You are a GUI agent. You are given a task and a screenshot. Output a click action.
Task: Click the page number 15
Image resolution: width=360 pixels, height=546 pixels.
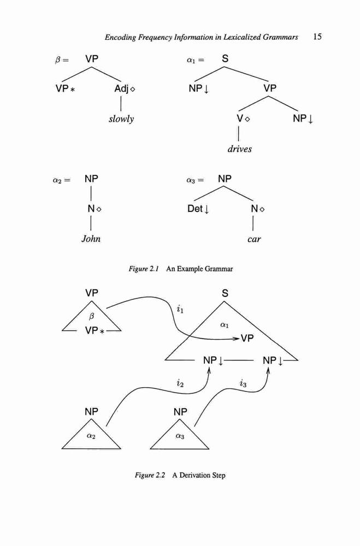(x=317, y=37)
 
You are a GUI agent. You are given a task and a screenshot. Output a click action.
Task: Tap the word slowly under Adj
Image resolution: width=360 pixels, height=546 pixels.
(x=121, y=119)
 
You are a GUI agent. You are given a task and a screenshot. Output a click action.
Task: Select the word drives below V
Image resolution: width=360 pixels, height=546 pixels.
(x=239, y=149)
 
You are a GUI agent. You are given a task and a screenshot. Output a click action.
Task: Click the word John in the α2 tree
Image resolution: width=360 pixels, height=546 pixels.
(x=91, y=239)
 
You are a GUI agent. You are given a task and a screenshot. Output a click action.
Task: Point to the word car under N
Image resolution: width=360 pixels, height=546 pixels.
(x=253, y=240)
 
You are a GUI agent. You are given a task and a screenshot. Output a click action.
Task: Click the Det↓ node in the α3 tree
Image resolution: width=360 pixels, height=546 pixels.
(x=198, y=209)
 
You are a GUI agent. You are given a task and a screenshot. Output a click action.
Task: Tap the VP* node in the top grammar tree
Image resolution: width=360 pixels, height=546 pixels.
(x=65, y=89)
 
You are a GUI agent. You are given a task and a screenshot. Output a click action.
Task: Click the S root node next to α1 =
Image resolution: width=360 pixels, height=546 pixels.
(x=225, y=58)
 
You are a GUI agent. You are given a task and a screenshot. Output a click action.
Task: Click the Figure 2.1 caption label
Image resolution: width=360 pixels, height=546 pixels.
(x=144, y=269)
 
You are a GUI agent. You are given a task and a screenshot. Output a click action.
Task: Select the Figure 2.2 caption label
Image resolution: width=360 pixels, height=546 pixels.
(x=150, y=476)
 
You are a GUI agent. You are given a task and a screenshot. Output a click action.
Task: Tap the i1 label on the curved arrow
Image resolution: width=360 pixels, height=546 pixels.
(x=180, y=309)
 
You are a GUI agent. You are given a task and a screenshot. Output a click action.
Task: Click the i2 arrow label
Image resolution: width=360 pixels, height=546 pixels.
(x=180, y=384)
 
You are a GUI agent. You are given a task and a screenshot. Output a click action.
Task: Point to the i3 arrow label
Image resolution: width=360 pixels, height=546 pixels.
(x=243, y=384)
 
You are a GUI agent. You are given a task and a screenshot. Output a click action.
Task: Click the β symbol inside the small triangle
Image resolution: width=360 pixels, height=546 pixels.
(x=92, y=317)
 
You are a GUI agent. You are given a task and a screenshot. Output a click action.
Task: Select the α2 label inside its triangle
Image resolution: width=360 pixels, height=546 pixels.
(x=91, y=436)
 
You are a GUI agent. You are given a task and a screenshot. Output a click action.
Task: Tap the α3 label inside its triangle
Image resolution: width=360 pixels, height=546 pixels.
(x=180, y=436)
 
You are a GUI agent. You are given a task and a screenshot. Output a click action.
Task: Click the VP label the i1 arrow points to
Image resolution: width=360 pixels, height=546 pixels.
(x=247, y=338)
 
